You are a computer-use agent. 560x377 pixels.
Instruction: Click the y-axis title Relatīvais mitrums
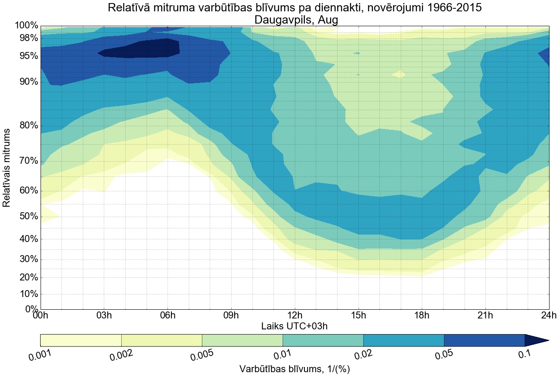point(7,168)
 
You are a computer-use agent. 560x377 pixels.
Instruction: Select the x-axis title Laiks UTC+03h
point(294,326)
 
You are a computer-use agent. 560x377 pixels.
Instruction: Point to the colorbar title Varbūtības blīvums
point(295,369)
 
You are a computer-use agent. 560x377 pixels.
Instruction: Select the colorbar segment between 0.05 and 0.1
point(484,340)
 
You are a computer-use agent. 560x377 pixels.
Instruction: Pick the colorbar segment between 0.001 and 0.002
point(81,340)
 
